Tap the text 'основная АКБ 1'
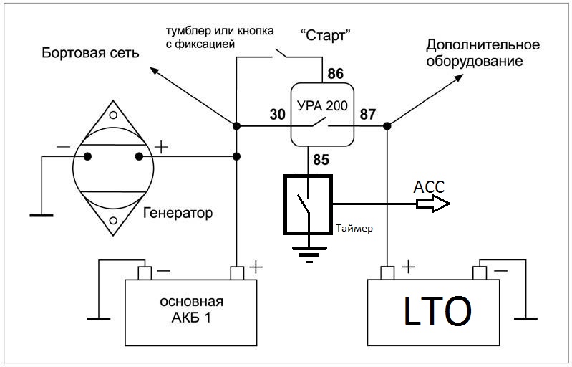pos(190,308)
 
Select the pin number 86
pos(336,73)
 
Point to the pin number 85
pos(321,160)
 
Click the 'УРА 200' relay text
pos(321,105)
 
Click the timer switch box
pos(307,204)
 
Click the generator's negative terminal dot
pos(87,156)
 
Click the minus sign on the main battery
pos(163,271)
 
